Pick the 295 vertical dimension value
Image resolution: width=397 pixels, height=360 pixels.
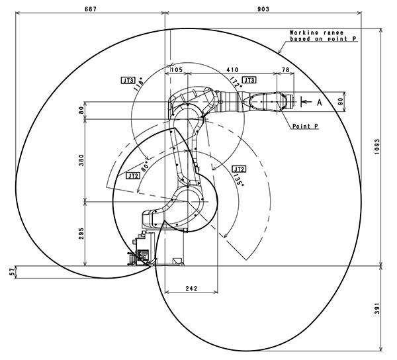point(81,234)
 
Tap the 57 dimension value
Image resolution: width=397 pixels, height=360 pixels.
point(11,271)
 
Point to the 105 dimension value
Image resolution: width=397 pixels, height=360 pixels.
point(177,69)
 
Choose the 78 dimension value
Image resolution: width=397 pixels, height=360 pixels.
point(285,69)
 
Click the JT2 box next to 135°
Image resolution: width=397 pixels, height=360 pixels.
point(238,168)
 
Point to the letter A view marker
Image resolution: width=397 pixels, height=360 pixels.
point(319,102)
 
